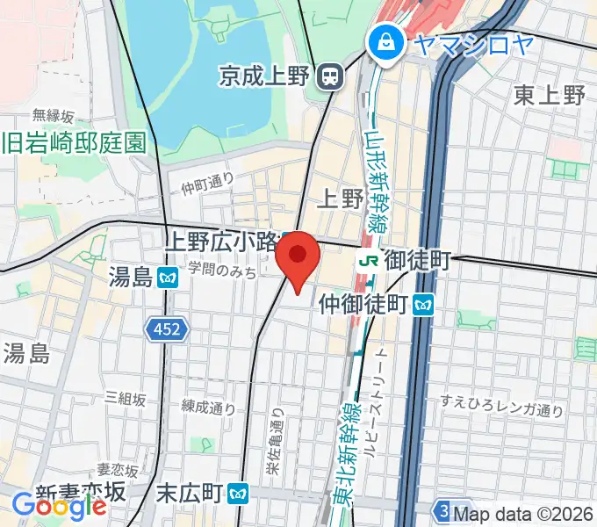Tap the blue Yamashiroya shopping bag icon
point(385,40)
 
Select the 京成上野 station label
point(265,77)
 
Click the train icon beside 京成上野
point(330,77)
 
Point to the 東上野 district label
point(550,95)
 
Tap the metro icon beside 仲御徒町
point(426,304)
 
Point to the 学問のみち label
point(224,273)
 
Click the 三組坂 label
point(125,398)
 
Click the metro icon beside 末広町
point(236,493)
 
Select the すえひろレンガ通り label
point(501,407)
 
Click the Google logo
point(60,505)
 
